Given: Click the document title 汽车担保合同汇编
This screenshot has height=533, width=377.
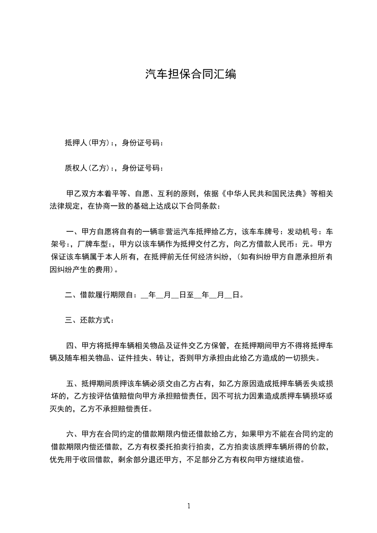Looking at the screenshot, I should coord(190,75).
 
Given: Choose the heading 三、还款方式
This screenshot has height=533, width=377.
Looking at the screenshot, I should coord(89,320).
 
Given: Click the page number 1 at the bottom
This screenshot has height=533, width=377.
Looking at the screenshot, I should coord(189,506).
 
